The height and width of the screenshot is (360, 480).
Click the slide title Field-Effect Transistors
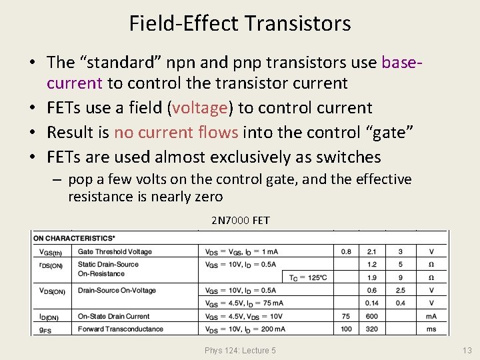[x=240, y=24]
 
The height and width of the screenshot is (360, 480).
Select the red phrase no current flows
[x=176, y=133]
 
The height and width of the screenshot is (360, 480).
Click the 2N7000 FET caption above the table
[x=240, y=221]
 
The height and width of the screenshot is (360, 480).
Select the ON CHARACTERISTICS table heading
[x=74, y=237]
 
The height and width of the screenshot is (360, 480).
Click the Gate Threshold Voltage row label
[x=115, y=252]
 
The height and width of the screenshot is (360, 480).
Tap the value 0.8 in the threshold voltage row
[x=346, y=252]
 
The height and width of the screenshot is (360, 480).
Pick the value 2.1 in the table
[x=371, y=252]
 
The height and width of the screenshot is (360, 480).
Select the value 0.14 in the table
[x=371, y=303]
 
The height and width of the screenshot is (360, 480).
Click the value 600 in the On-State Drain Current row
[x=371, y=317]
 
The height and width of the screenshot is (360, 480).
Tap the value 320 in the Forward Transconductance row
[x=371, y=329]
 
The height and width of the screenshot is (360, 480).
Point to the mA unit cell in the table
[x=431, y=317]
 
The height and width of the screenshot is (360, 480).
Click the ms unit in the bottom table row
[x=431, y=329]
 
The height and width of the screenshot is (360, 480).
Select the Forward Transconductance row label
[x=120, y=329]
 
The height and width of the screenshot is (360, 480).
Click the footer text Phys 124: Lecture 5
[x=240, y=351]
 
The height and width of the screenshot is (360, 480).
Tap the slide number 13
[x=466, y=351]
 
